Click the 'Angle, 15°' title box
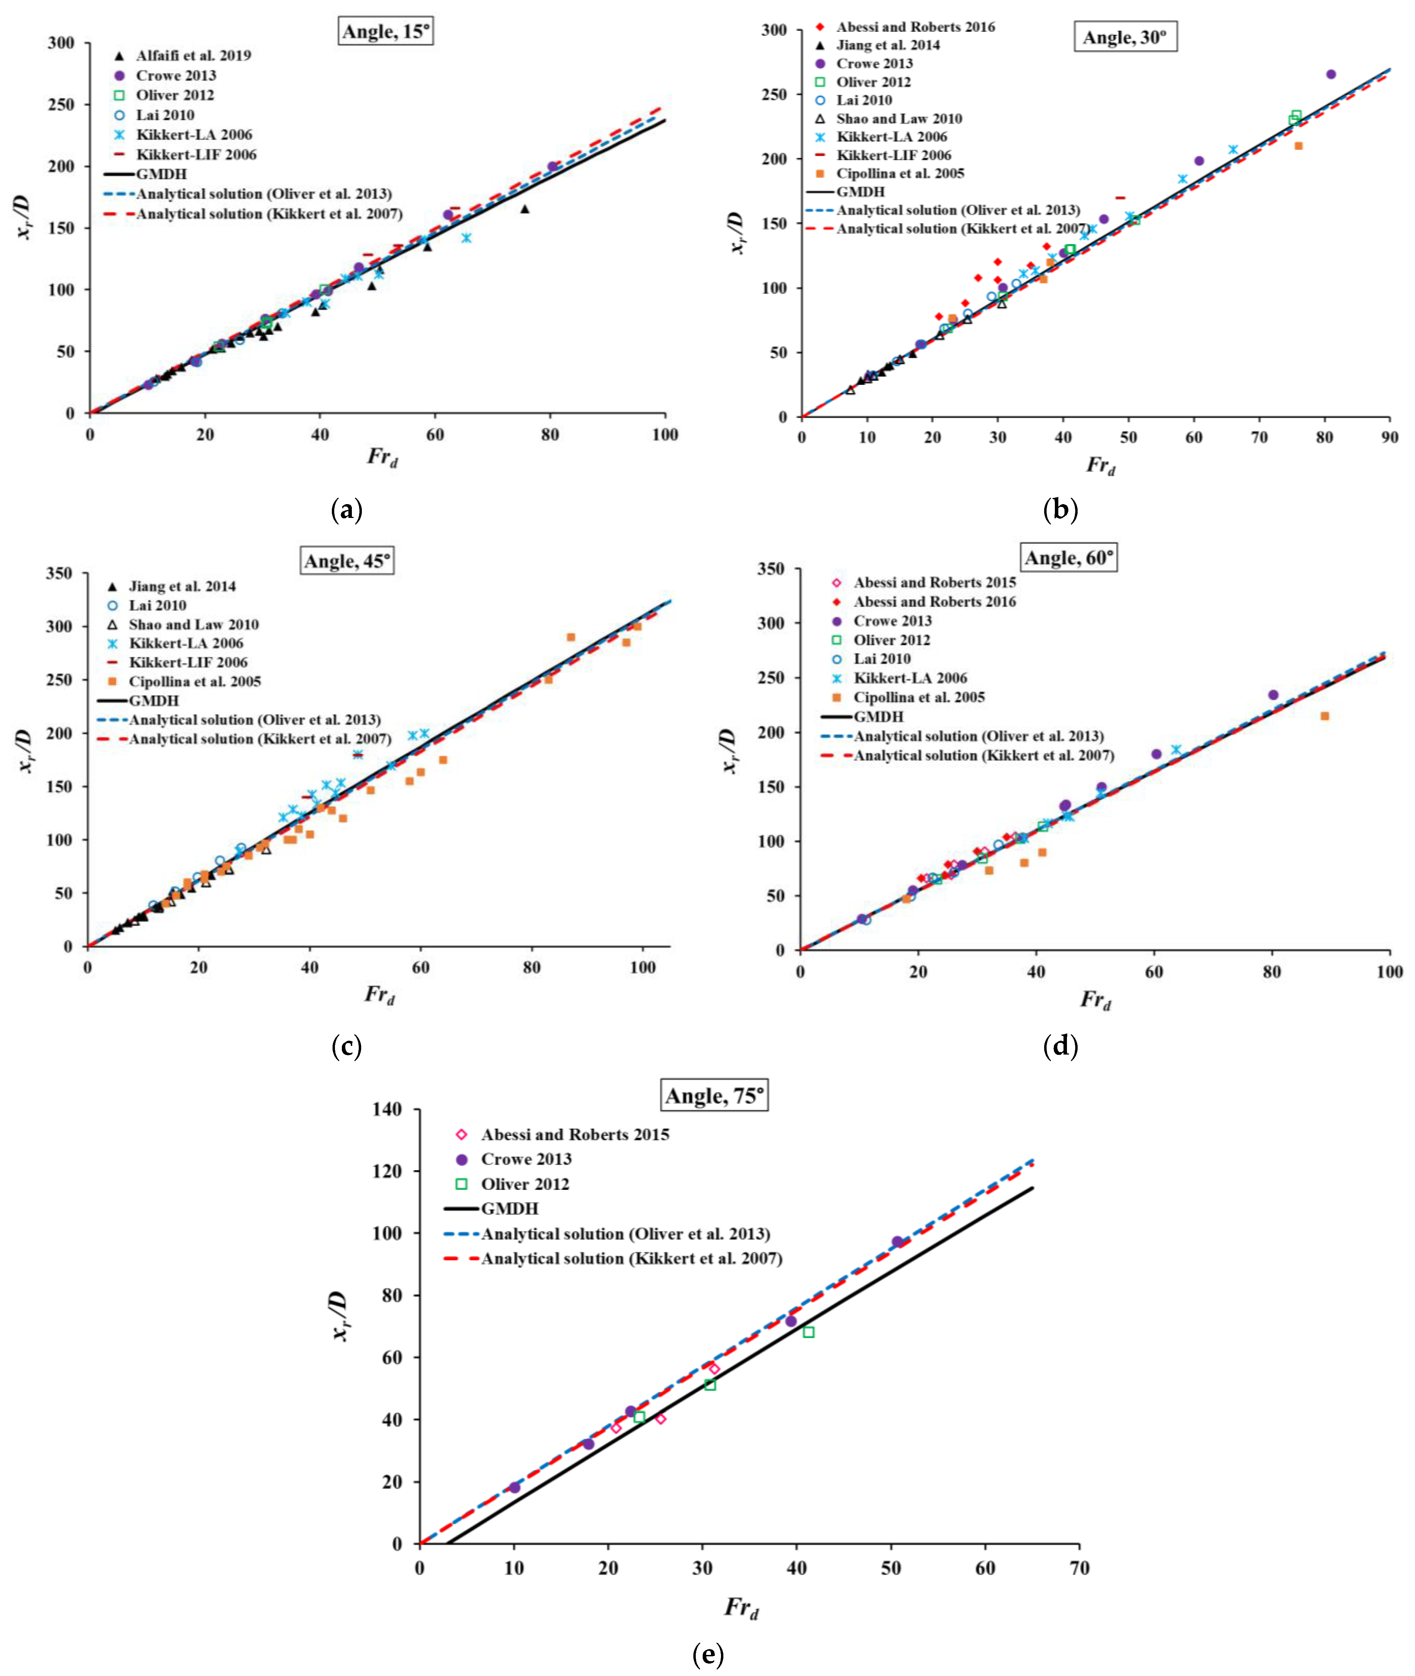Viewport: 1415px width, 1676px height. click(386, 31)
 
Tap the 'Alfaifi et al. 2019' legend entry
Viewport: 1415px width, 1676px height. click(192, 55)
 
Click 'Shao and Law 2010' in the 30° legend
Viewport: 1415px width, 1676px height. click(898, 118)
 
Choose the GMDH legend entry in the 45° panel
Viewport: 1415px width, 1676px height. click(154, 700)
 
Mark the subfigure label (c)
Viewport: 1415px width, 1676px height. click(347, 1046)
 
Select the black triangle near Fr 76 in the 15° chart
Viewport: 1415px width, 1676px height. click(525, 209)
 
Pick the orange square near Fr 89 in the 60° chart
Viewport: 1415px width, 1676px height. click(1324, 716)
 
